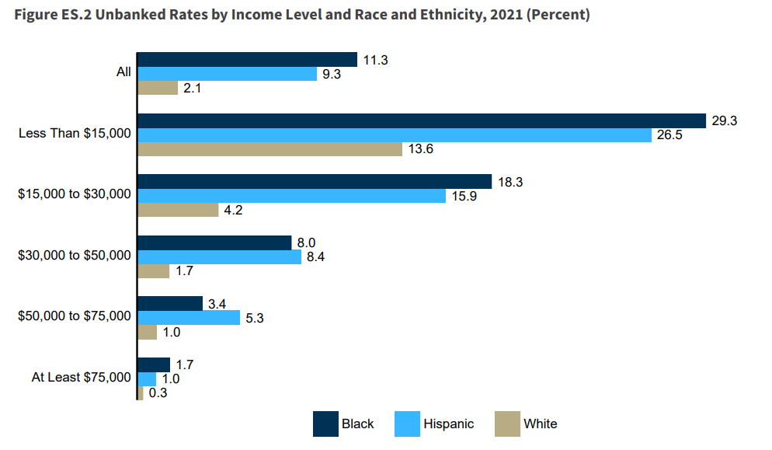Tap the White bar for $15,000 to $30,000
tap(178, 210)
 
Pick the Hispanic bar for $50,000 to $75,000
tap(189, 317)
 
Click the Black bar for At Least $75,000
tap(154, 365)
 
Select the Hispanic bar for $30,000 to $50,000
tap(219, 256)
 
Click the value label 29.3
tap(725, 120)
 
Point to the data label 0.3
tap(158, 393)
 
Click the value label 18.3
tap(511, 181)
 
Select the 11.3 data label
tap(376, 60)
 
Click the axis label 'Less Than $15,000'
tap(75, 134)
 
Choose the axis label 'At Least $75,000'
tap(81, 378)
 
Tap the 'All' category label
tap(123, 72)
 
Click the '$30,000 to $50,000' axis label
tap(75, 255)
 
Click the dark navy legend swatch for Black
tap(324, 424)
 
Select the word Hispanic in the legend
tap(448, 424)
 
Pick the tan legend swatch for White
tap(507, 424)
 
